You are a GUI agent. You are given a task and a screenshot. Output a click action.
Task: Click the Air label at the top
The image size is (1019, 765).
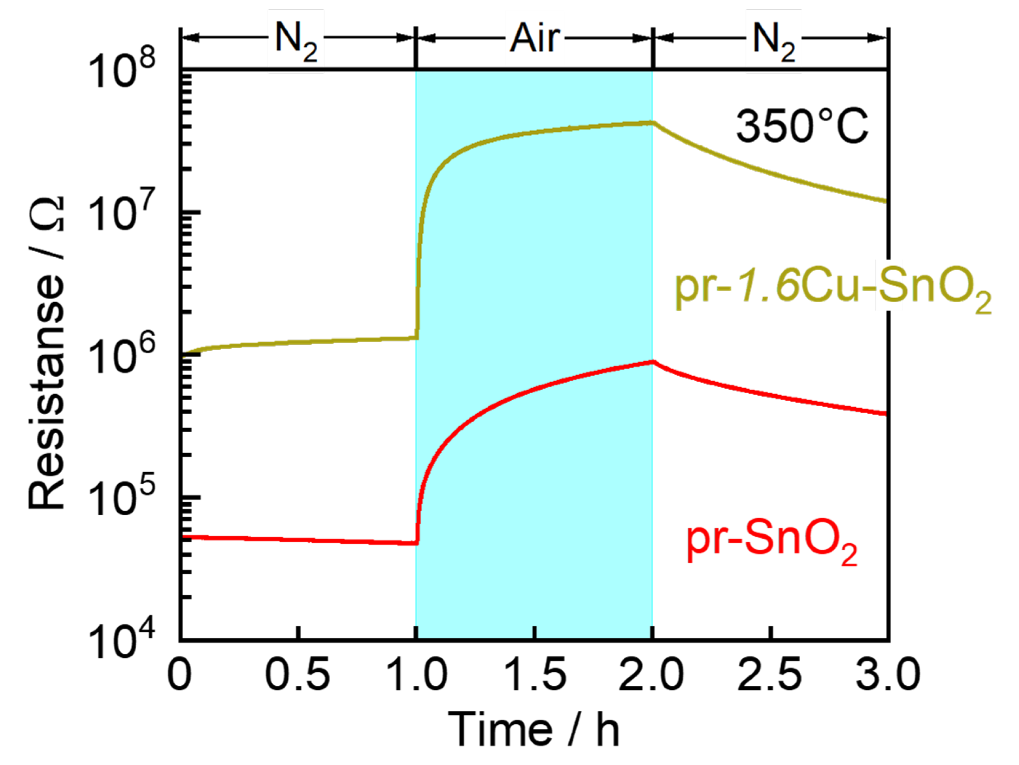click(x=534, y=39)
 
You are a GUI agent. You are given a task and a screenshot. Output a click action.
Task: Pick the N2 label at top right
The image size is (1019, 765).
click(x=774, y=41)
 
